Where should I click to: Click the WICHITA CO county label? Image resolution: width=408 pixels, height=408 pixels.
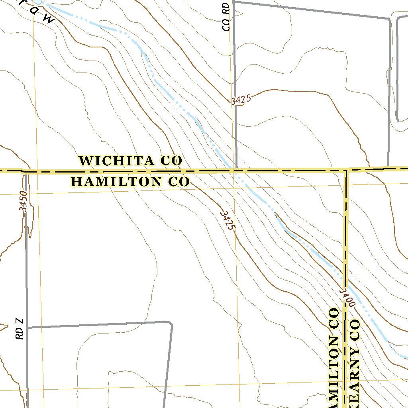coord(131,161)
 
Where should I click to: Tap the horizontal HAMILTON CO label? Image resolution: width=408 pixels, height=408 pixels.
coord(130,182)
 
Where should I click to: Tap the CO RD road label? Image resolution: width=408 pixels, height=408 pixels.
coord(226,17)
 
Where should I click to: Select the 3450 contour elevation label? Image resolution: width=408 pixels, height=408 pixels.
coord(23,201)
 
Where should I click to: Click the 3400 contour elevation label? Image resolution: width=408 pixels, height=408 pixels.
coord(347,297)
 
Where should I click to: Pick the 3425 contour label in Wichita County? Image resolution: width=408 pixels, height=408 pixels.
coord(241,100)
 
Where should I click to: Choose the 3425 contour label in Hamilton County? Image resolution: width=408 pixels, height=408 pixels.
coord(228,220)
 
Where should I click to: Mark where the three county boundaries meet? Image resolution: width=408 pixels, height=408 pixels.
coord(346,171)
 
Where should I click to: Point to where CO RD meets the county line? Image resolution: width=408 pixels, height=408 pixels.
coord(236,171)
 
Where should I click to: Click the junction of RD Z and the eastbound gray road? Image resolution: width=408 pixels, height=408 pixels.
coord(27,328)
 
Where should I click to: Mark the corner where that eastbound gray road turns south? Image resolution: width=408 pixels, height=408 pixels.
coord(171,322)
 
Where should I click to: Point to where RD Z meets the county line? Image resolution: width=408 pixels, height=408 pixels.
coord(25,173)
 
